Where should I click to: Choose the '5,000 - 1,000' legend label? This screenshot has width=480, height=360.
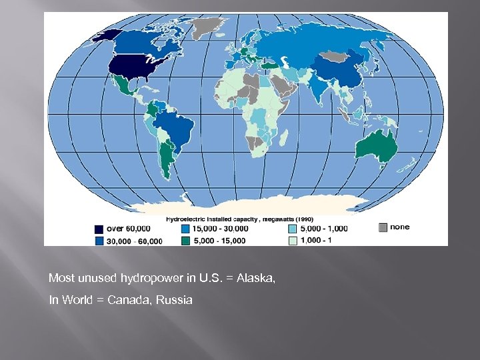click(324, 229)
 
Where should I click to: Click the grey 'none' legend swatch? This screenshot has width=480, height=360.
click(382, 227)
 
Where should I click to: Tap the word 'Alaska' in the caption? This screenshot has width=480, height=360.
click(255, 277)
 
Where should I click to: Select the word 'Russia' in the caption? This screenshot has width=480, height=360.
click(175, 300)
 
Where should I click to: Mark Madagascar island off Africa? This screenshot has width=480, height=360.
click(283, 137)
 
